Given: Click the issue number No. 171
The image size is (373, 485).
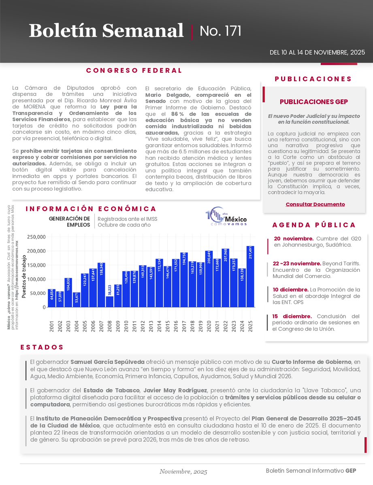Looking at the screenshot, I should [221, 31].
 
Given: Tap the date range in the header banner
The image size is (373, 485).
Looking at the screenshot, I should [317, 53].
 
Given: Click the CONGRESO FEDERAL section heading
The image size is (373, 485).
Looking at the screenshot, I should [134, 70].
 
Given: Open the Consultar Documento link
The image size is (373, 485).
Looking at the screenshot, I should [315, 204].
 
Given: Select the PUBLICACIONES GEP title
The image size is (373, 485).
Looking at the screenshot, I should [314, 102].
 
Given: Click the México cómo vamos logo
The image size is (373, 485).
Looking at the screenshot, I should [226, 218].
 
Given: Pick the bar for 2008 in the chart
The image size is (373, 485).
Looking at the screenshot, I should [109, 301].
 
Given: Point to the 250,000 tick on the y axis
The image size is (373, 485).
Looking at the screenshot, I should [36, 237].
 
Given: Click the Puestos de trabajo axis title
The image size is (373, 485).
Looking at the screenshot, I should [24, 277].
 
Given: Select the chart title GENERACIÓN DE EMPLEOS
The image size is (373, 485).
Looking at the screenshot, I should [69, 222].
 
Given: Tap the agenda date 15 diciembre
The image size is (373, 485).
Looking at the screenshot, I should [292, 316].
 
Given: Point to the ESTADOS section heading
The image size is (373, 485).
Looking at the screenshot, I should [42, 347].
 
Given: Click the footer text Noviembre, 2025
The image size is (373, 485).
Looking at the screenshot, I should [183, 472].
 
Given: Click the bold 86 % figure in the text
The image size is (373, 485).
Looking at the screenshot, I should [178, 114].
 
